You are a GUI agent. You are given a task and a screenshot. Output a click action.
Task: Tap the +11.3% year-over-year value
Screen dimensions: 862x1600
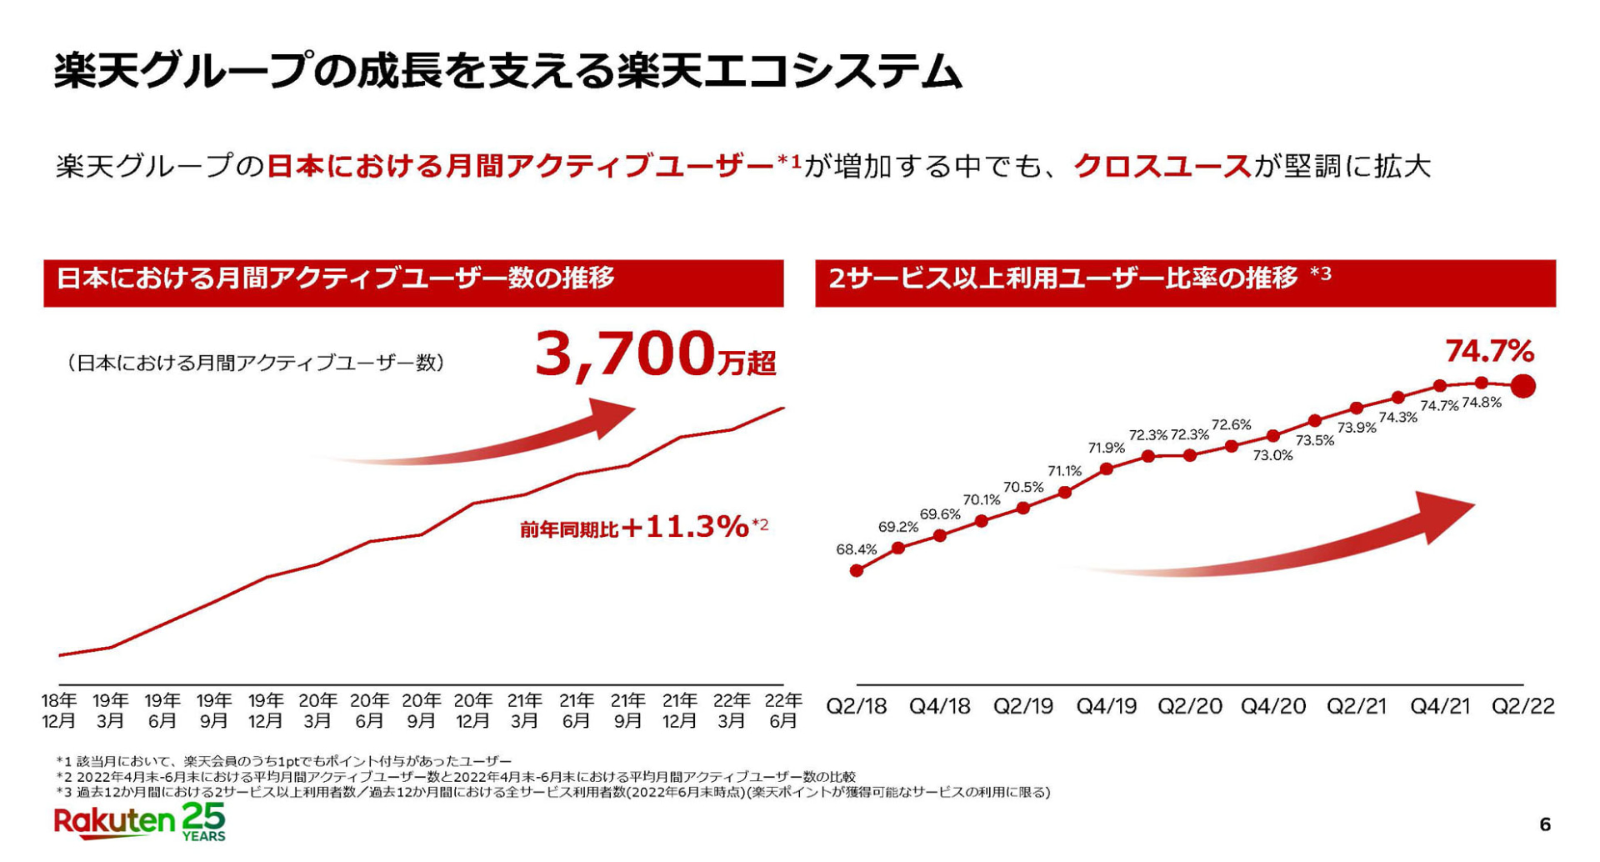(x=696, y=527)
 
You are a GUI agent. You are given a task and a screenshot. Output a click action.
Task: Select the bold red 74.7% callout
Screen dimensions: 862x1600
(x=1489, y=352)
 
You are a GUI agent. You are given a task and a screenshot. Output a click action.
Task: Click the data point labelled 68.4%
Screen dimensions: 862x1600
(x=857, y=571)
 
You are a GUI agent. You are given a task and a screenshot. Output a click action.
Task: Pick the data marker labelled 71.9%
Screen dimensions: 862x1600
(x=1107, y=469)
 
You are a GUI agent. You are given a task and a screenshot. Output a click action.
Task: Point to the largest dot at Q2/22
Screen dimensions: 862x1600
(x=1523, y=387)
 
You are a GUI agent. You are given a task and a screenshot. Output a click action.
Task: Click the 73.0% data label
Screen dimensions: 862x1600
(x=1272, y=456)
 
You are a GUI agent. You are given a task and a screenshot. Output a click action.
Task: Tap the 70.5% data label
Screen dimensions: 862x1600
(x=1023, y=488)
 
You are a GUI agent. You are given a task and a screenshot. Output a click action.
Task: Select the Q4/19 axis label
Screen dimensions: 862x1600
(x=1107, y=707)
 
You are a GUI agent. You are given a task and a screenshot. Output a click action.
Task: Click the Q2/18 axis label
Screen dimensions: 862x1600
(x=857, y=707)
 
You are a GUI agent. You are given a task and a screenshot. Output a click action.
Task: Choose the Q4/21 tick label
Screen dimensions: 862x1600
(x=1440, y=707)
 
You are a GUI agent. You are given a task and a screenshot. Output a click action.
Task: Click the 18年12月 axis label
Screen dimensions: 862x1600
(x=59, y=711)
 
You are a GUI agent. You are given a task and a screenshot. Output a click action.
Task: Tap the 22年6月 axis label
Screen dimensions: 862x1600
(x=783, y=711)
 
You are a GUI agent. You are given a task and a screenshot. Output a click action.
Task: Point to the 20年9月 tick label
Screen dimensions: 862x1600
(x=421, y=711)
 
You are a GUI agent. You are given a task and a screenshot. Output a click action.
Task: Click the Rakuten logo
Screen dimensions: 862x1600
(x=114, y=822)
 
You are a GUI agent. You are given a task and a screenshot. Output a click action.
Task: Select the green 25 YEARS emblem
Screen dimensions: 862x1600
(x=204, y=822)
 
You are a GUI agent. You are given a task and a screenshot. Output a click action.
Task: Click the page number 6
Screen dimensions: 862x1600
(x=1545, y=825)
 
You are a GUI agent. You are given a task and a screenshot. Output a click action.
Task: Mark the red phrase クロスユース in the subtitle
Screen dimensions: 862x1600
(x=1162, y=167)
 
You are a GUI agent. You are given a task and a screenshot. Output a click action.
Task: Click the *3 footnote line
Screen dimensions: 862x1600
(x=552, y=792)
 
